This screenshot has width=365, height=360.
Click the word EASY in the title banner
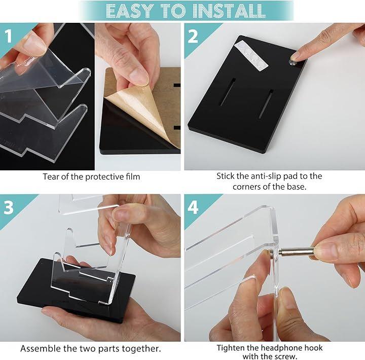tap(130, 11)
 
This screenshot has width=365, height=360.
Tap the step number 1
tap(9, 36)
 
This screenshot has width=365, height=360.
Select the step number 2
tap(193, 37)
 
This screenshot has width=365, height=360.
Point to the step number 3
tap(9, 208)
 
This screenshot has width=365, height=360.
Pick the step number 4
tap(193, 207)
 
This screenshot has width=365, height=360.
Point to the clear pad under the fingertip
tap(293, 62)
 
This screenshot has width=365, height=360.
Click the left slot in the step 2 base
tap(228, 92)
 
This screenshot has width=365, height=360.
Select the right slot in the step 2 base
tap(265, 104)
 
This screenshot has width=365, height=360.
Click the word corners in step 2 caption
tap(247, 187)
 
